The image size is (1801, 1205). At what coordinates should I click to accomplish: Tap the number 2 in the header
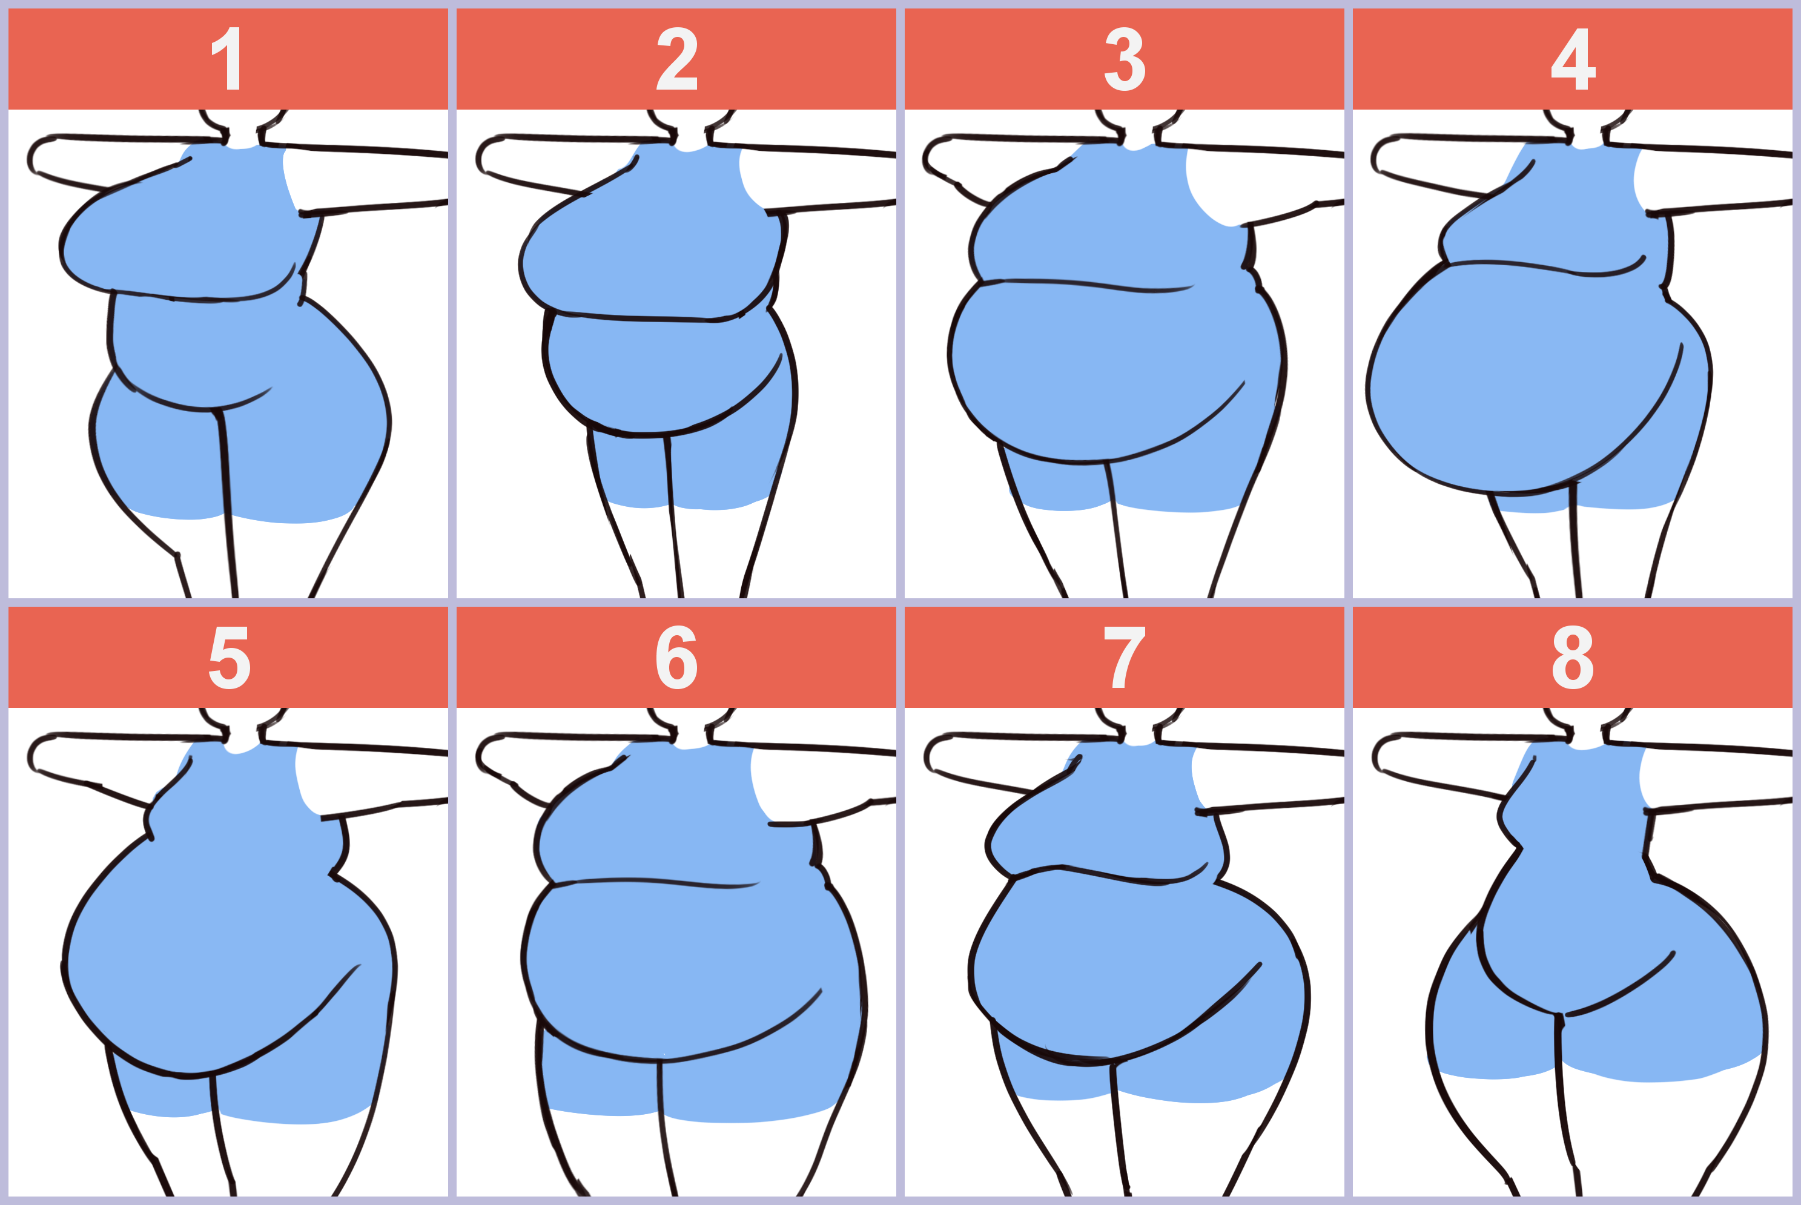[x=677, y=59]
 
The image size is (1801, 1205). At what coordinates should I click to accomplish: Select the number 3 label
[x=1125, y=59]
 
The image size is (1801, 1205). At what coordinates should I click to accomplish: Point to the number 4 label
[x=1573, y=59]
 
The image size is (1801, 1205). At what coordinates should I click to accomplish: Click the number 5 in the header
[x=229, y=658]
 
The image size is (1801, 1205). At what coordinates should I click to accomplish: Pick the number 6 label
[x=677, y=658]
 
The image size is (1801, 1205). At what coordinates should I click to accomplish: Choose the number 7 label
[x=1124, y=658]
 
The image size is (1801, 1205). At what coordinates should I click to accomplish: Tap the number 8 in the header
[x=1573, y=658]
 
